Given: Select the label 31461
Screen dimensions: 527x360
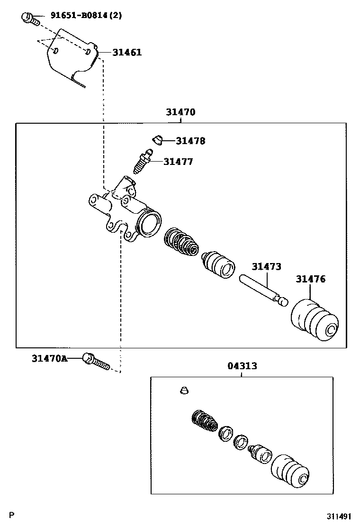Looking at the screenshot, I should pyautogui.click(x=126, y=52).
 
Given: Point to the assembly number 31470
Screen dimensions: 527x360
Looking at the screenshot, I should pyautogui.click(x=180, y=112).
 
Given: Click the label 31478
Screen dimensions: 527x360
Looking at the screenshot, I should pyautogui.click(x=190, y=141).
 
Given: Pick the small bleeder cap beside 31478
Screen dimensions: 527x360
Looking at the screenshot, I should pyautogui.click(x=157, y=140).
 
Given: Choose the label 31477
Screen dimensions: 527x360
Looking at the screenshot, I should pyautogui.click(x=178, y=162).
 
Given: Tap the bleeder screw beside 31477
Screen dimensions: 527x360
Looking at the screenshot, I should pyautogui.click(x=142, y=162).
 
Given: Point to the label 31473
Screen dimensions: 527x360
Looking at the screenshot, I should pyautogui.click(x=266, y=267).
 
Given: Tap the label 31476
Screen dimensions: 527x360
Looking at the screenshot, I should pyautogui.click(x=311, y=279).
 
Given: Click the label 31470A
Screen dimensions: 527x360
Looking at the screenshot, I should pyautogui.click(x=49, y=358).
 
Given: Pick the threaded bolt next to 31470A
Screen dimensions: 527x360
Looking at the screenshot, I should pyautogui.click(x=96, y=361).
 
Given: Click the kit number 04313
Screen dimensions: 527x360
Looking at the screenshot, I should pyautogui.click(x=242, y=366).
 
